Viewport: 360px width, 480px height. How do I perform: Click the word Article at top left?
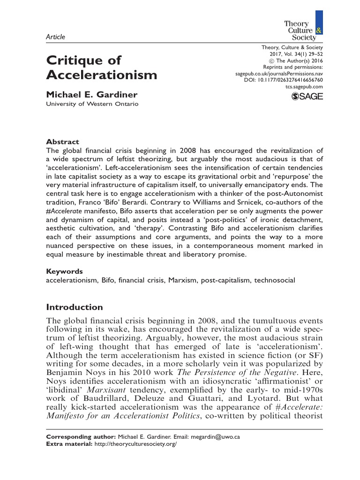tap(55, 37)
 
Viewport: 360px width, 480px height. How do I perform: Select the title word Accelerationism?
tap(101, 75)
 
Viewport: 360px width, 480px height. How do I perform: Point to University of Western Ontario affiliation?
tap(92, 104)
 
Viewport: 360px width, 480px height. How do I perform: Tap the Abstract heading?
tap(62, 142)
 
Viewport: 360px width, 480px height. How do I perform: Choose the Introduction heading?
tap(75, 307)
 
